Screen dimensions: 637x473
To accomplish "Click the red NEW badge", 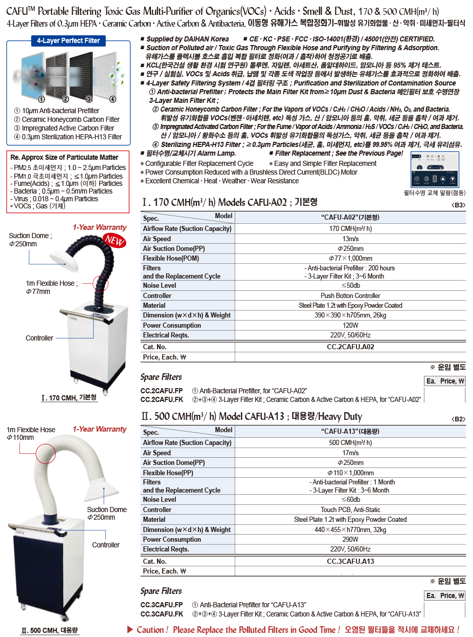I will [115, 240].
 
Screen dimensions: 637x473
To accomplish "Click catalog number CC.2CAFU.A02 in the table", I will [350, 347].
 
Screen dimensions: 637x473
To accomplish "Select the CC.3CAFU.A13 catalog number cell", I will [350, 561].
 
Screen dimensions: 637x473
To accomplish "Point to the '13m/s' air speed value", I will [350, 239].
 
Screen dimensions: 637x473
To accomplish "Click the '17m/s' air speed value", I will [350, 453].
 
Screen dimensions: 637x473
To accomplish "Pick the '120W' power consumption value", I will [350, 325].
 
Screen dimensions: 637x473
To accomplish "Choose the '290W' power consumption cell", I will [350, 539].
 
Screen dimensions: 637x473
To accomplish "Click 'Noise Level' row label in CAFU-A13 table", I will [160, 499].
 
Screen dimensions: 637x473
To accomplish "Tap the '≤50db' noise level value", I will [350, 285].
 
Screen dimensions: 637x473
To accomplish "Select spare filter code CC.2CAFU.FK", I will [162, 399].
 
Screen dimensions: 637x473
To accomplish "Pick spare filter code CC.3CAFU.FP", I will [162, 605].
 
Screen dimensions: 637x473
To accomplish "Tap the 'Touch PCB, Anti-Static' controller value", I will [350, 509].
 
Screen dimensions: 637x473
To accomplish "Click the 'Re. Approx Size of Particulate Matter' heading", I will [64, 157].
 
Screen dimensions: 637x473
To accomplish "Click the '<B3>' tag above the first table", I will [459, 205].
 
